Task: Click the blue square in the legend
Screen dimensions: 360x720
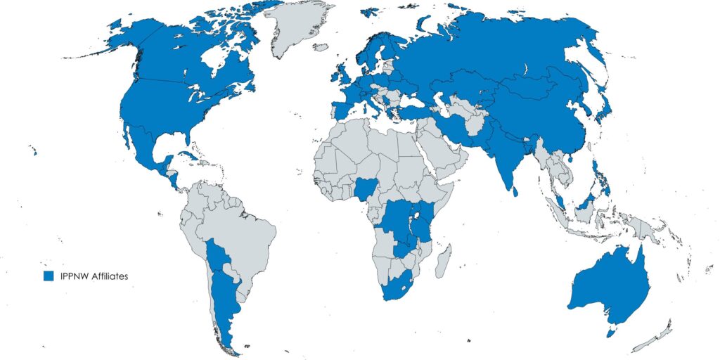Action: click(x=49, y=276)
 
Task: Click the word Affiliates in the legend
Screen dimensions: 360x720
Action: click(x=107, y=276)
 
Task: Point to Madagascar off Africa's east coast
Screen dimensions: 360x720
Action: click(x=443, y=261)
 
